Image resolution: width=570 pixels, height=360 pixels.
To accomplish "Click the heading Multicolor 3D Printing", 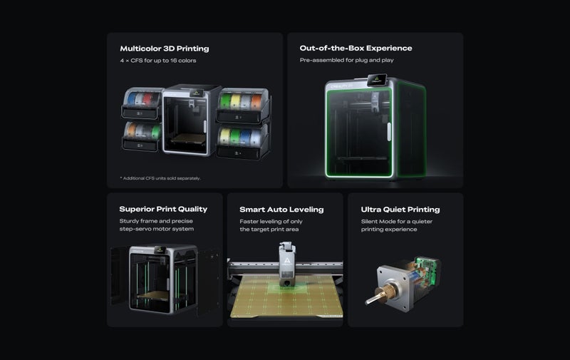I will (165, 48).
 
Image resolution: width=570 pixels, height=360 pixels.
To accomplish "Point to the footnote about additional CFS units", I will (160, 178).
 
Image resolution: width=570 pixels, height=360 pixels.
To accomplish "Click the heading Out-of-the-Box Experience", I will (356, 48).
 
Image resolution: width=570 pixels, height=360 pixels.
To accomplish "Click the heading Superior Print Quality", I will (163, 210).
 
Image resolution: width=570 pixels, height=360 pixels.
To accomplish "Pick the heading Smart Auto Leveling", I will (281, 210).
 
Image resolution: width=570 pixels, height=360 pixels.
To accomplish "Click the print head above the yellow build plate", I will (285, 264).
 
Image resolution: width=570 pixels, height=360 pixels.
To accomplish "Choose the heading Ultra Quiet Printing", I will (400, 210).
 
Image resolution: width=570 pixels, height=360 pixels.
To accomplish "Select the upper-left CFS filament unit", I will (142, 104).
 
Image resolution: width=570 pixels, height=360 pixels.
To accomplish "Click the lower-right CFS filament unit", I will (242, 140).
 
